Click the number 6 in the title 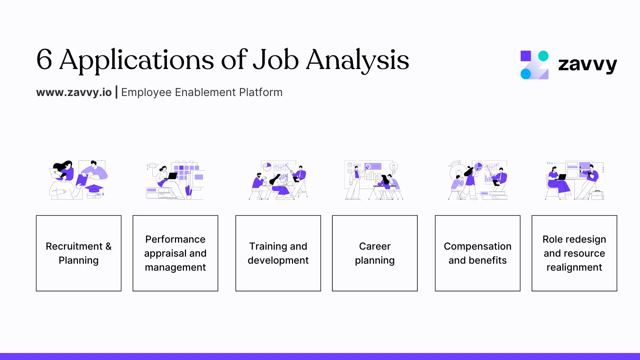(44, 59)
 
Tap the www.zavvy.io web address (74, 92)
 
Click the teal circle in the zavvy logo (543, 56)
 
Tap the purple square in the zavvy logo (526, 56)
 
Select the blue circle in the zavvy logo (526, 74)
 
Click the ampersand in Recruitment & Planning (108, 246)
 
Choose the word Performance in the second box (175, 239)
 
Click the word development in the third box (278, 260)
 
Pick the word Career (375, 246)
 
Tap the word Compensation (477, 246)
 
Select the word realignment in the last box (574, 267)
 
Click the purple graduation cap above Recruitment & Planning (94, 189)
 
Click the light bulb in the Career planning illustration (394, 167)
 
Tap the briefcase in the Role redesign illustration (597, 195)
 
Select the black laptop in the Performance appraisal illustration (172, 176)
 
